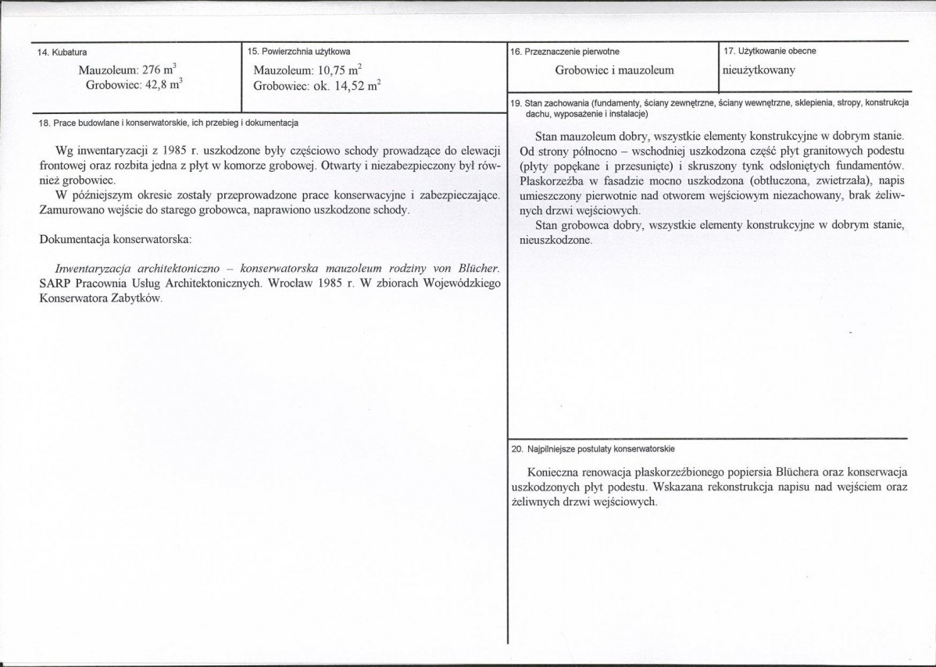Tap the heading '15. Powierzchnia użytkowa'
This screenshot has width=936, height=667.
298,52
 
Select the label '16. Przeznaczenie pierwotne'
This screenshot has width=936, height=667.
564,52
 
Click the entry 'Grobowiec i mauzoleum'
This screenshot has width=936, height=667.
614,70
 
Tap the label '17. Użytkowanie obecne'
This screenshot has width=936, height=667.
770,51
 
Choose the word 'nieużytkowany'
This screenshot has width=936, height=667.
759,70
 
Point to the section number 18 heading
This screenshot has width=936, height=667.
168,123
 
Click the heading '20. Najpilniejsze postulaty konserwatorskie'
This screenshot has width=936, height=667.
592,449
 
